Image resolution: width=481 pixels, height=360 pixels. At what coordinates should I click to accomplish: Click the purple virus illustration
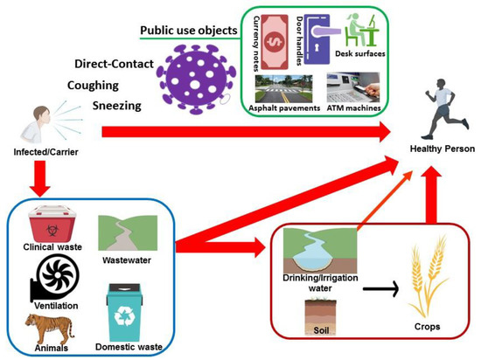(193, 66)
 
